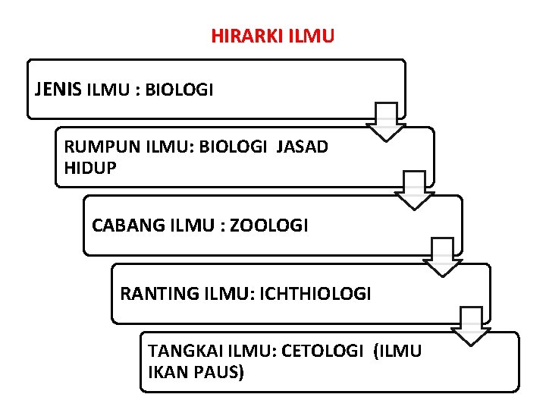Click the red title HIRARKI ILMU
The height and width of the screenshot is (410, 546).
[x=272, y=36]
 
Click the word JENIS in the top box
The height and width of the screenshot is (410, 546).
[x=58, y=90]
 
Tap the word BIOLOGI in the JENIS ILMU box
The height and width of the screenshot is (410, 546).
[x=179, y=90]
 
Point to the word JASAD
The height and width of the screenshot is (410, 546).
[x=303, y=147]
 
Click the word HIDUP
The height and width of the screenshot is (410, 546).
[x=90, y=168]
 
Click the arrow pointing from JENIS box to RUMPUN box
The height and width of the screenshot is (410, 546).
[x=386, y=121]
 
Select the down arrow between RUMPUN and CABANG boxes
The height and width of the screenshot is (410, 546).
[x=414, y=190]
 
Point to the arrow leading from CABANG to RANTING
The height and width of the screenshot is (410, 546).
[x=442, y=257]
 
